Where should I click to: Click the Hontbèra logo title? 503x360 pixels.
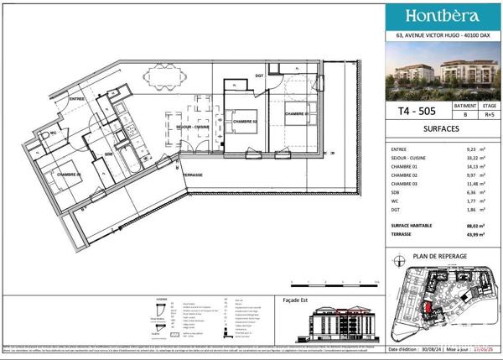(x=443, y=16)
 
